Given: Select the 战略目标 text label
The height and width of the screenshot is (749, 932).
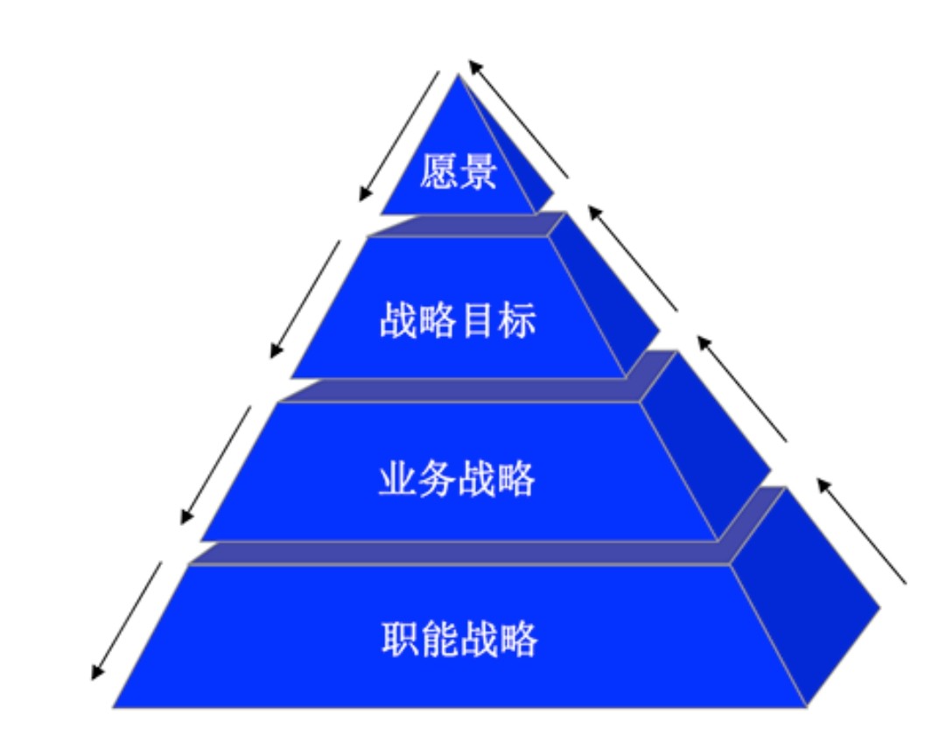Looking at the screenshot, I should tap(458, 321).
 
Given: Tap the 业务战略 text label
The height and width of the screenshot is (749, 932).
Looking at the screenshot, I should tap(457, 479).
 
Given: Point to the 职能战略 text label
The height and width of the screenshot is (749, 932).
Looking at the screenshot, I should tap(459, 640).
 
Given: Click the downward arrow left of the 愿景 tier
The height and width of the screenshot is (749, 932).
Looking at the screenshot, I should tap(399, 136).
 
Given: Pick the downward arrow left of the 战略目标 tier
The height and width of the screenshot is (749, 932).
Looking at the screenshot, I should tap(305, 299).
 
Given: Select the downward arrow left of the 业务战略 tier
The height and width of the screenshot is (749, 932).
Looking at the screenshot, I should tap(215, 465).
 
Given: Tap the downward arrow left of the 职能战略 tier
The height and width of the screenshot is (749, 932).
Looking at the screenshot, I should tap(127, 620).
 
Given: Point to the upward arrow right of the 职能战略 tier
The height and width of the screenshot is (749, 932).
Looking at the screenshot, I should tap(861, 530).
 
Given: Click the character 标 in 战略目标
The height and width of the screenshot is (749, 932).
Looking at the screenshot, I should tap(518, 321).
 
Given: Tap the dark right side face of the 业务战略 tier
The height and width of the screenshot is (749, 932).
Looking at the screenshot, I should tap(709, 437).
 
